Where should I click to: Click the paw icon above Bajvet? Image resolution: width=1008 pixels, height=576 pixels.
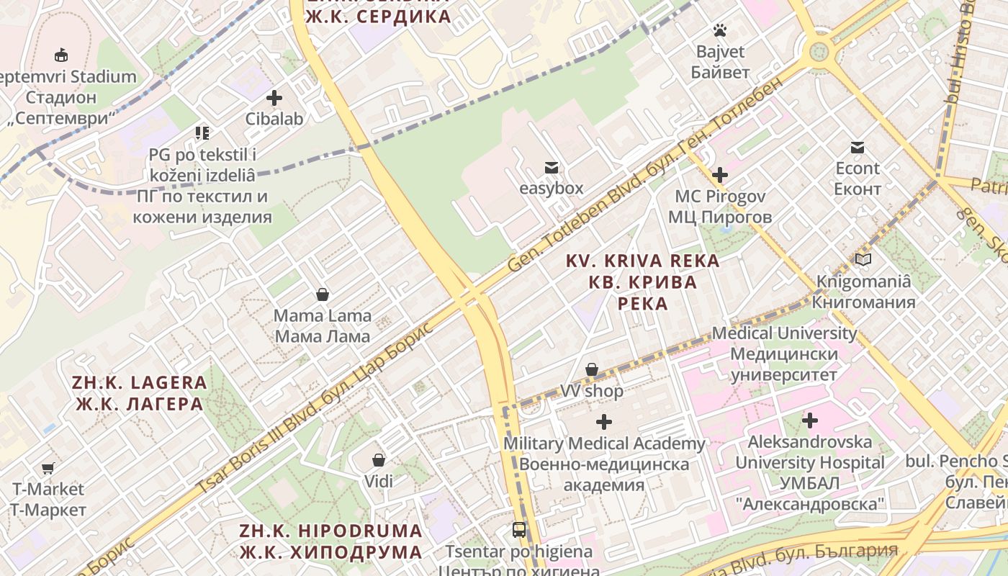719,30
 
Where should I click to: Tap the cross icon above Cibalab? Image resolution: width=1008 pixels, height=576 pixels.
274,98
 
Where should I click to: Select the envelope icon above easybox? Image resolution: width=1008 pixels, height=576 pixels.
552,168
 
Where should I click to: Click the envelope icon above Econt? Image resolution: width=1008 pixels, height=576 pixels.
858,148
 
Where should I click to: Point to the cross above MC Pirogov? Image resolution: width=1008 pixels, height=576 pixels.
719,175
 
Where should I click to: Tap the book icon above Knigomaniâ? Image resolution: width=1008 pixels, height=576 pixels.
863,260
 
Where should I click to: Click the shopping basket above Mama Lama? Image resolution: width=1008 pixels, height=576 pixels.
323,294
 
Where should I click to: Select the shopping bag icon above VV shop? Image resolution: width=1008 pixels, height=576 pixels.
592,370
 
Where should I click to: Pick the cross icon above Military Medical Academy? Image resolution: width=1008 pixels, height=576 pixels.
604,422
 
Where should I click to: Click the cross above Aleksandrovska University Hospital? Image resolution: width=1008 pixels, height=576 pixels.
810,420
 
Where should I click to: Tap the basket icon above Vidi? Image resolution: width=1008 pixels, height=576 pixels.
379,460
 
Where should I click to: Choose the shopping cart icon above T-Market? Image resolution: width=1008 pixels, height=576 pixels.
48,469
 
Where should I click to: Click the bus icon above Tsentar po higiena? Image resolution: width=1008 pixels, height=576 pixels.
518,531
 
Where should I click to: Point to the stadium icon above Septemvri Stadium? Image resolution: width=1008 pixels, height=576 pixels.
61,55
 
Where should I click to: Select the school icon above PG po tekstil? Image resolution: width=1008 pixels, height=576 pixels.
202,133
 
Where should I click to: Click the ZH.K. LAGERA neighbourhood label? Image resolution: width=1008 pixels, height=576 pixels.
140,393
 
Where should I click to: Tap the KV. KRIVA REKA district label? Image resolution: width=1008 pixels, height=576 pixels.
642,282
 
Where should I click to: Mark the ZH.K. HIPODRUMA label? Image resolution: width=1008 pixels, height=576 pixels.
331,541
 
